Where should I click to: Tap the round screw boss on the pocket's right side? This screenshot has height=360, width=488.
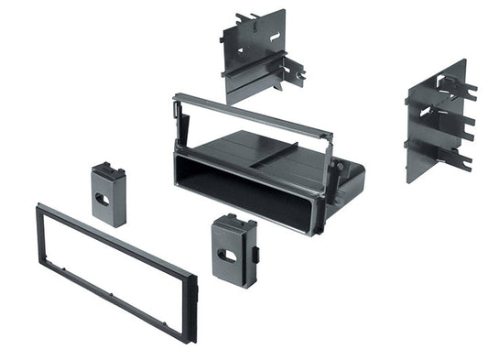345,169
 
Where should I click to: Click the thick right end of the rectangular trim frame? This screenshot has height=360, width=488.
191,307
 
